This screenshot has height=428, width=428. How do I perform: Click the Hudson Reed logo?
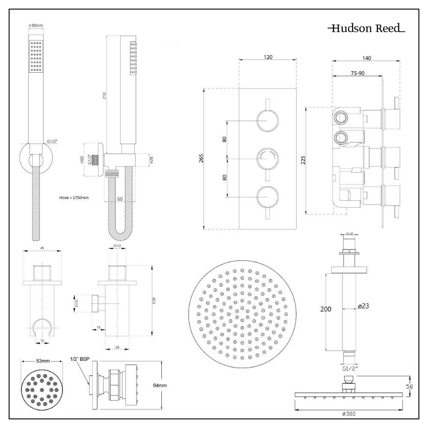click(366, 29)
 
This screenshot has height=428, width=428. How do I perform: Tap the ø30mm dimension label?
click(36, 26)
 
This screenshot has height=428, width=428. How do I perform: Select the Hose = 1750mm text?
click(74, 198)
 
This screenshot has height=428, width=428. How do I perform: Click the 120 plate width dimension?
click(268, 57)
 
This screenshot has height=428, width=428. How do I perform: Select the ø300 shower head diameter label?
click(349, 414)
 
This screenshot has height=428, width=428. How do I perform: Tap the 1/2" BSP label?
click(80, 359)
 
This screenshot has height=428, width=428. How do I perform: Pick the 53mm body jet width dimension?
click(43, 361)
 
